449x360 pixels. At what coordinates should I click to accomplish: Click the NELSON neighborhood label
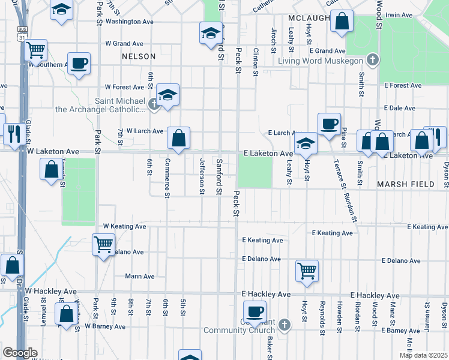pyautogui.click(x=138, y=56)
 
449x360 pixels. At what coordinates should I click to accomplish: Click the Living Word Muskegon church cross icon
pyautogui.click(x=373, y=60)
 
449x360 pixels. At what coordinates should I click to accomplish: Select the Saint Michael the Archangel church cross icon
pyautogui.click(x=154, y=105)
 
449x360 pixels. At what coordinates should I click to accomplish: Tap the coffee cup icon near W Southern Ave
pyautogui.click(x=79, y=63)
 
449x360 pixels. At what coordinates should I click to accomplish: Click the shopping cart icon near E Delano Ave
pyautogui.click(x=307, y=270)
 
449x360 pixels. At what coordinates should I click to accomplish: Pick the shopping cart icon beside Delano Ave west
pyautogui.click(x=103, y=244)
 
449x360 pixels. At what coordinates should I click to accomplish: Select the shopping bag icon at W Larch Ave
pyautogui.click(x=179, y=138)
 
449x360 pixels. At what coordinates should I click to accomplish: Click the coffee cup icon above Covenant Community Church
pyautogui.click(x=255, y=311)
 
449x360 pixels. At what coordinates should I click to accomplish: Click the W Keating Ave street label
pyautogui.click(x=125, y=226)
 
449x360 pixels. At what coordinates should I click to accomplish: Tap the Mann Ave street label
pyautogui.click(x=140, y=277)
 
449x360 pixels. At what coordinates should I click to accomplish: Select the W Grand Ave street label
pyautogui.click(x=124, y=44)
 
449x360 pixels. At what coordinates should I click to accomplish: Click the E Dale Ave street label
pyautogui.click(x=400, y=109)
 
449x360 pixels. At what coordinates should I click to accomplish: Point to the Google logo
pyautogui.click(x=19, y=353)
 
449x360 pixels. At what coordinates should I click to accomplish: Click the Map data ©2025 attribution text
pyautogui.click(x=423, y=355)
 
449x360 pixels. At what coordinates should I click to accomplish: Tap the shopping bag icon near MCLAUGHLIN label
pyautogui.click(x=342, y=21)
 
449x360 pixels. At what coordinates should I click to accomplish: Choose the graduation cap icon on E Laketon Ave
pyautogui.click(x=306, y=143)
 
